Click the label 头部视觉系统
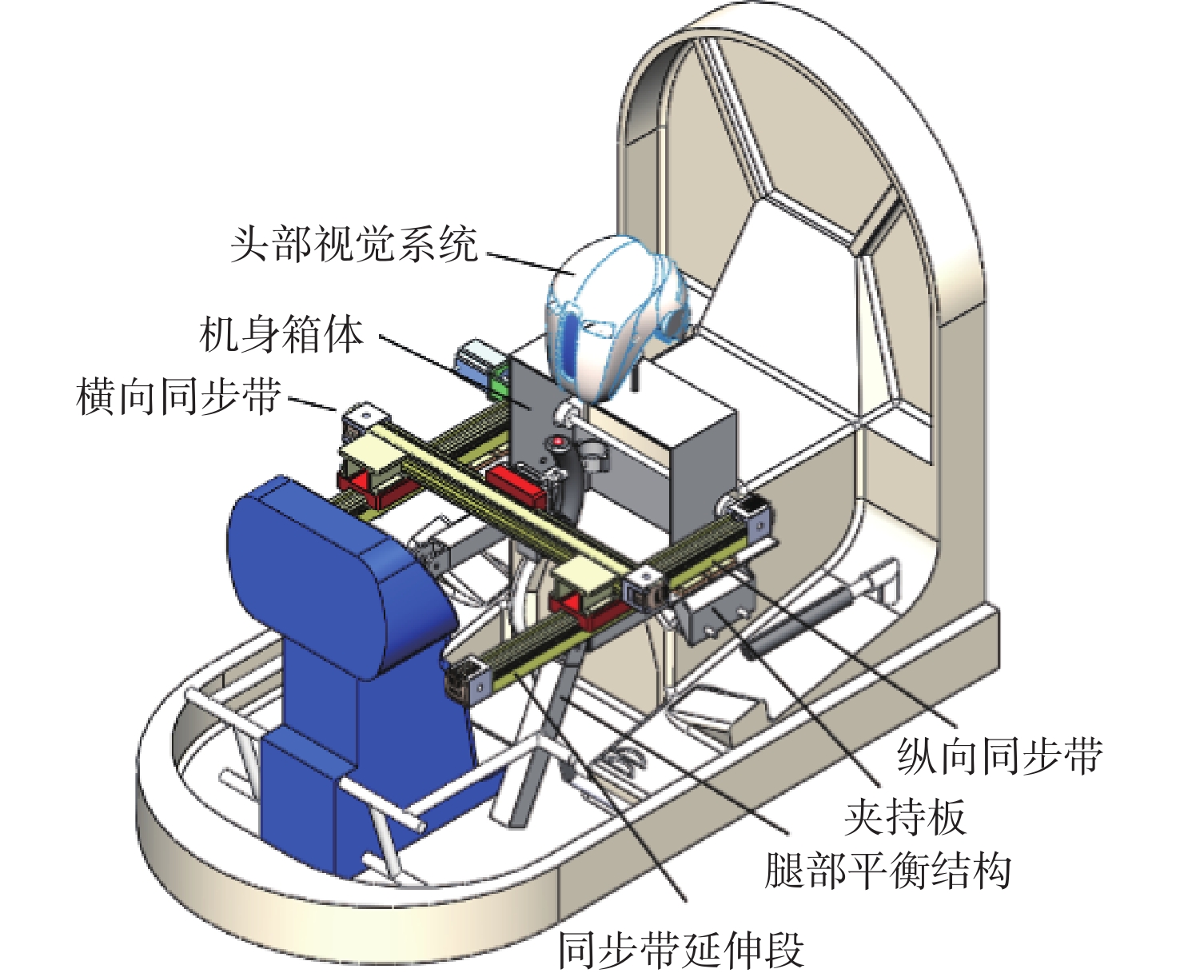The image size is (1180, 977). pyautogui.click(x=354, y=244)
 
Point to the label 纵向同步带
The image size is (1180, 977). pyautogui.click(x=999, y=756)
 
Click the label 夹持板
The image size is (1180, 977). pyautogui.click(x=905, y=816)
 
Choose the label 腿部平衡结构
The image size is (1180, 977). pyautogui.click(x=887, y=871)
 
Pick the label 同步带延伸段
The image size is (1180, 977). pyautogui.click(x=681, y=949)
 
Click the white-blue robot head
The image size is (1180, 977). pyautogui.click(x=612, y=312)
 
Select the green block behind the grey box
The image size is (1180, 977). pyautogui.click(x=499, y=381)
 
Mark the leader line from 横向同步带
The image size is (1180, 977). pyautogui.click(x=312, y=403)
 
